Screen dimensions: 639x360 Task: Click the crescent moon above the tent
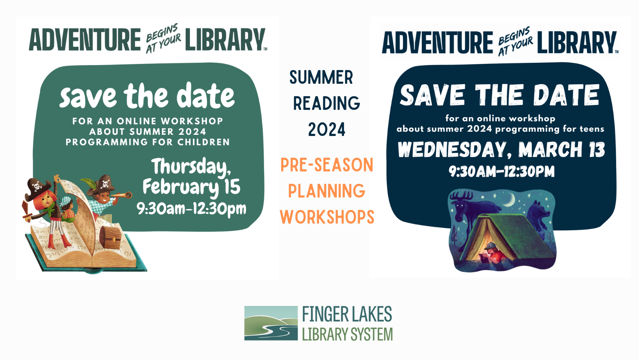pos(510,199)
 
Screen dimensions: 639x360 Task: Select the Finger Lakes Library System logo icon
pos(271,323)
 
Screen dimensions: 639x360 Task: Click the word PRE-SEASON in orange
pos(327,164)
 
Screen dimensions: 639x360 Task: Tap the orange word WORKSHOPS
pos(327,217)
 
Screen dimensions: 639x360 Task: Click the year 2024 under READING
pos(327,129)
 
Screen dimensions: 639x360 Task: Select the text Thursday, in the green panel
pos(191,166)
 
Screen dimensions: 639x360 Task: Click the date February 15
pos(191,187)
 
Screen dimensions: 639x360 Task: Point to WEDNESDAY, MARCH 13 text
pos(501,150)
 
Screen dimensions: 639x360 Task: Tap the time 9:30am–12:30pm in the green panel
pos(191,209)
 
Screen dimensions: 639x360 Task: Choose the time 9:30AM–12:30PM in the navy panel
pos(501,171)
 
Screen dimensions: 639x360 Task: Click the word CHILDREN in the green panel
pos(203,142)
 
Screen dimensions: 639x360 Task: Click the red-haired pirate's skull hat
pos(38,188)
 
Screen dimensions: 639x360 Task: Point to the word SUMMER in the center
pos(321,77)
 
